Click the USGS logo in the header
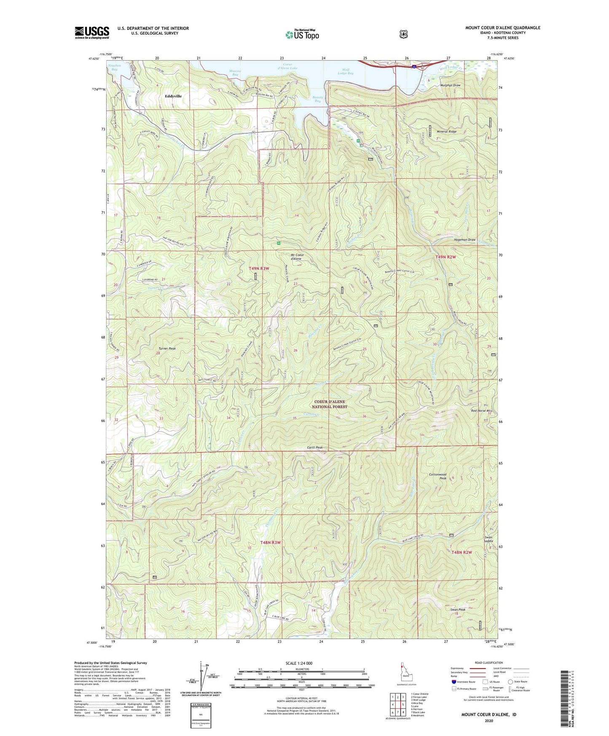[92, 32]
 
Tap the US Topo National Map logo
[301, 34]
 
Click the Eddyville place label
[173, 96]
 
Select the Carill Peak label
[314, 448]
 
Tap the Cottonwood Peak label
[437, 476]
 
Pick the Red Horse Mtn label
[481, 410]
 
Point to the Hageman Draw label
[465, 239]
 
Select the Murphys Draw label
[451, 85]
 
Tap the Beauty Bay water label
[318, 99]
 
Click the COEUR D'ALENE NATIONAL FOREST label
[330, 404]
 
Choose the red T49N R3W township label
[259, 268]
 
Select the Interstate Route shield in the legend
[453, 681]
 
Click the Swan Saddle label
[488, 539]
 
